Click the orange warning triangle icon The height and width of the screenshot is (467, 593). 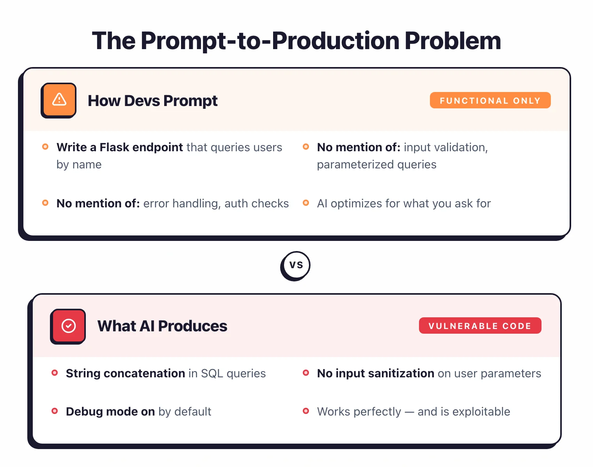coord(59,100)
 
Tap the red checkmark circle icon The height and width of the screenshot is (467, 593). coord(68,326)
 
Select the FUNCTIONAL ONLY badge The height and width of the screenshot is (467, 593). coord(490,101)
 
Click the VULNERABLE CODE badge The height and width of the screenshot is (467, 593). coord(480,326)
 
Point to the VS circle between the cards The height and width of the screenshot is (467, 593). coord(296,265)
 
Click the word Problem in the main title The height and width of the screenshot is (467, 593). coord(453,41)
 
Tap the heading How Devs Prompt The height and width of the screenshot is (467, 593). coord(153,101)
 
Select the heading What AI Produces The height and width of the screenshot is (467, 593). coord(162,326)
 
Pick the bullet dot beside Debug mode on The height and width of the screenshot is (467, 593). coord(55,411)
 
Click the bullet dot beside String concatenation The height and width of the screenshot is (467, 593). coord(55,373)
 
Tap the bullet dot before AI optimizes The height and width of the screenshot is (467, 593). coord(306,203)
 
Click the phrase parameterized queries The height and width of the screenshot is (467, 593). coord(376,165)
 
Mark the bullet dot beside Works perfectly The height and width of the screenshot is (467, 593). coord(306,411)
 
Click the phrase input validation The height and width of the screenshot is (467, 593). coord(445,147)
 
